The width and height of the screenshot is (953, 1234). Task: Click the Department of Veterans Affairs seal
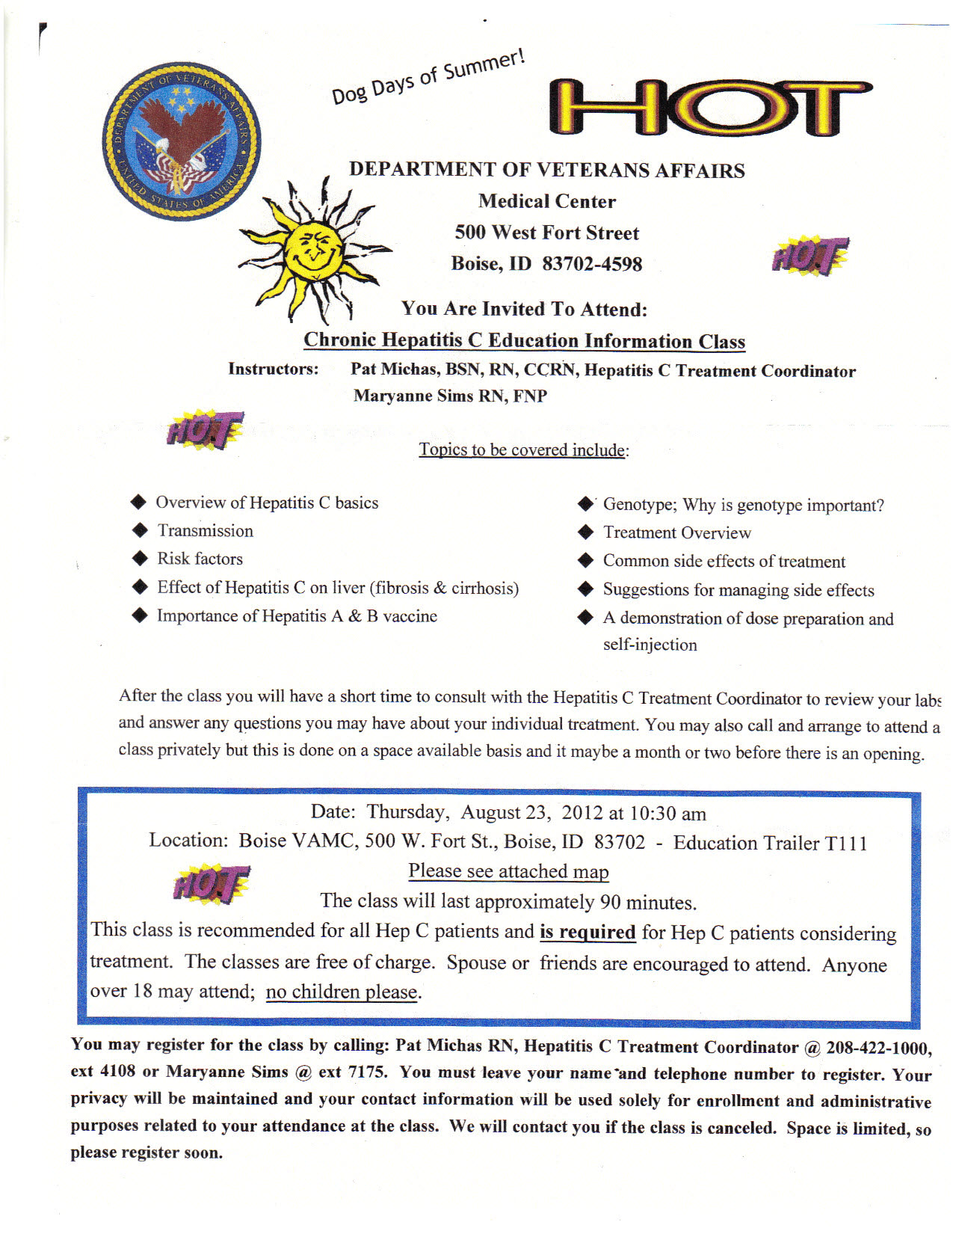pos(181,141)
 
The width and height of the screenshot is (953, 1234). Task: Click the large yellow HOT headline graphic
pos(710,108)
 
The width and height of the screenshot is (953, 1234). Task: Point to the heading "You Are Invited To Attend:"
pos(524,309)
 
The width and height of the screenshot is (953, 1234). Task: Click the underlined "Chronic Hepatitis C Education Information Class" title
pos(524,341)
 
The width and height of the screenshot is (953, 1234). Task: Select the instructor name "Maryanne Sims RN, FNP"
pos(450,396)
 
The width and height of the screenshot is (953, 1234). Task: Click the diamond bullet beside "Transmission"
pos(140,530)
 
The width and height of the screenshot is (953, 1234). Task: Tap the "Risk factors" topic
pos(200,559)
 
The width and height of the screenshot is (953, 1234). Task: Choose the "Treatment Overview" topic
pos(676,532)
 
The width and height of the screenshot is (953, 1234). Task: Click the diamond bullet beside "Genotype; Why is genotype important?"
pos(586,504)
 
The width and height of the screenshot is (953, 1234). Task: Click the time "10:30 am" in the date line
pos(667,814)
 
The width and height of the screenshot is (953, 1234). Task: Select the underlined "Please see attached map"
pos(508,871)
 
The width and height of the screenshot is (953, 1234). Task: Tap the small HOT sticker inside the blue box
pos(212,884)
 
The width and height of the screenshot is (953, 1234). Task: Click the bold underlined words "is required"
pos(587,933)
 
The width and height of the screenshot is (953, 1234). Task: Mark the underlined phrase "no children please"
pos(342,992)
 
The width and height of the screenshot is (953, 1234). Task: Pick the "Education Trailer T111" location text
pos(770,843)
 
